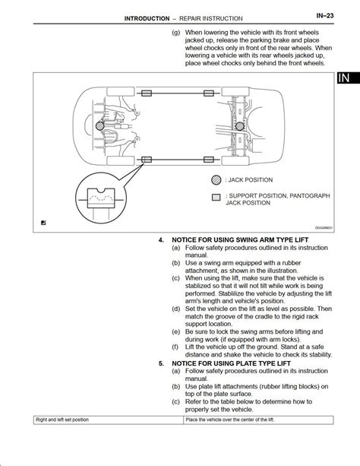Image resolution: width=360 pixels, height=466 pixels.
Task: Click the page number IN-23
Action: (324, 15)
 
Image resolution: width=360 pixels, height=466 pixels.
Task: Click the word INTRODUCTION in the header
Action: (147, 18)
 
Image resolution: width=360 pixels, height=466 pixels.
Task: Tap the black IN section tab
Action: (348, 78)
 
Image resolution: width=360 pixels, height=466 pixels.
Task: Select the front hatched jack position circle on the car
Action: (100, 126)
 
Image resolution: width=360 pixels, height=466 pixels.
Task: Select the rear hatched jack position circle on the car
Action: (240, 126)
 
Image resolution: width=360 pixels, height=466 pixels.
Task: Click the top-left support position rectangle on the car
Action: (147, 94)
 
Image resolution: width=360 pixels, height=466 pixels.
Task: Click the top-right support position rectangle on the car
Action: (209, 94)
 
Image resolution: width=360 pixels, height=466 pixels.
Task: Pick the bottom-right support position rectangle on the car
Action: (209, 160)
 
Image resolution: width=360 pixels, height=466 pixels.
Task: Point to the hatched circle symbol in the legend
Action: (216, 180)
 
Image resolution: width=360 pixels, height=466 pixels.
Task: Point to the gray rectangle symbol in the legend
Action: (216, 198)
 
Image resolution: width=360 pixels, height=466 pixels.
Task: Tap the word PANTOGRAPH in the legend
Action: (310, 195)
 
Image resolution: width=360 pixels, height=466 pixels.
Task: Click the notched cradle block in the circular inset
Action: (101, 198)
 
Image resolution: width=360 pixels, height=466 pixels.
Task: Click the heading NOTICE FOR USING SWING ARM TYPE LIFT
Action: (240, 239)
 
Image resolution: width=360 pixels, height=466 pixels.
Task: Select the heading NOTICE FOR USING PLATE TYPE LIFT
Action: (231, 363)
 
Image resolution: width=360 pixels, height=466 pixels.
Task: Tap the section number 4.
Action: (161, 239)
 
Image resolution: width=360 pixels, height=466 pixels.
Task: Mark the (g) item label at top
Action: (175, 33)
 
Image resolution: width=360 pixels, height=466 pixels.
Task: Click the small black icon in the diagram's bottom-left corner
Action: (43, 222)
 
